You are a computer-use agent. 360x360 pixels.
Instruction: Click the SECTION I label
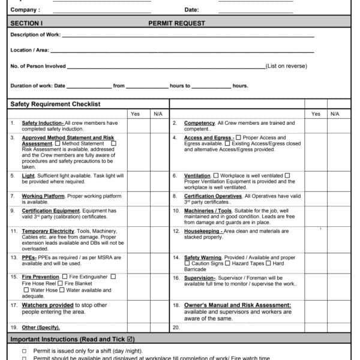[26, 23]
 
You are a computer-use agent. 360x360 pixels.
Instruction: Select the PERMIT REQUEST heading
[176, 23]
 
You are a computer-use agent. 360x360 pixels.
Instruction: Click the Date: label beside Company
[191, 10]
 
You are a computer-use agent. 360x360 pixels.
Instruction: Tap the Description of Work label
[35, 34]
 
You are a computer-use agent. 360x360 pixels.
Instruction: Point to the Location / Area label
[29, 50]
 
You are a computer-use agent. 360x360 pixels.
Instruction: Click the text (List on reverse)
[286, 66]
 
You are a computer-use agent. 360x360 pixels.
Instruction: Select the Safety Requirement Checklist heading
[55, 104]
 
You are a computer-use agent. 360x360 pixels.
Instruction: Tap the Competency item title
[200, 123]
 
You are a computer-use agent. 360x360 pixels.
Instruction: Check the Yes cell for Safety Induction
[135, 126]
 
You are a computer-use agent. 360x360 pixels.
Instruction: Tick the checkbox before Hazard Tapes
[227, 263]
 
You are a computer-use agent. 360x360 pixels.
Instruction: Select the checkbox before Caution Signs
[187, 263]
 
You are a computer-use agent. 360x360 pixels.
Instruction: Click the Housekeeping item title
[202, 231]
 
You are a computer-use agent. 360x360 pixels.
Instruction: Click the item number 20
[176, 328]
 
